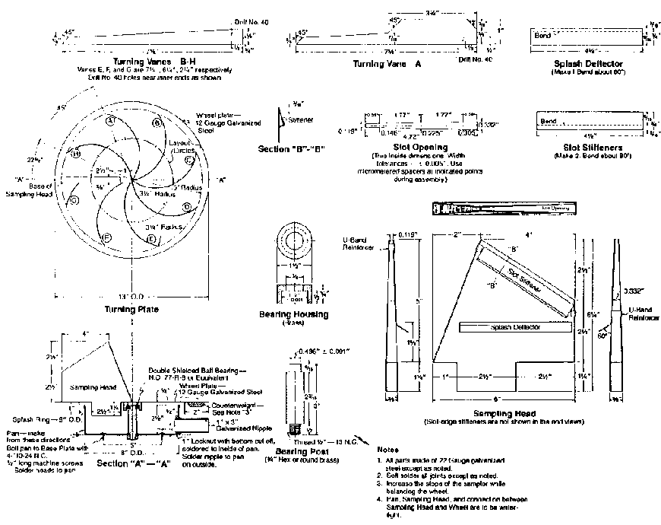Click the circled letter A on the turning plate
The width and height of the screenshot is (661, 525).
(x=109, y=121)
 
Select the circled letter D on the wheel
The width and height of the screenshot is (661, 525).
(x=187, y=207)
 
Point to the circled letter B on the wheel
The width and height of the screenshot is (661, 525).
(x=157, y=123)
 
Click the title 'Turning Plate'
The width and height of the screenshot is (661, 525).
(x=131, y=310)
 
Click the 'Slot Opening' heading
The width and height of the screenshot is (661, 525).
(x=420, y=146)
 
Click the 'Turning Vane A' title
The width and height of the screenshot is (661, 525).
(x=387, y=65)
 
